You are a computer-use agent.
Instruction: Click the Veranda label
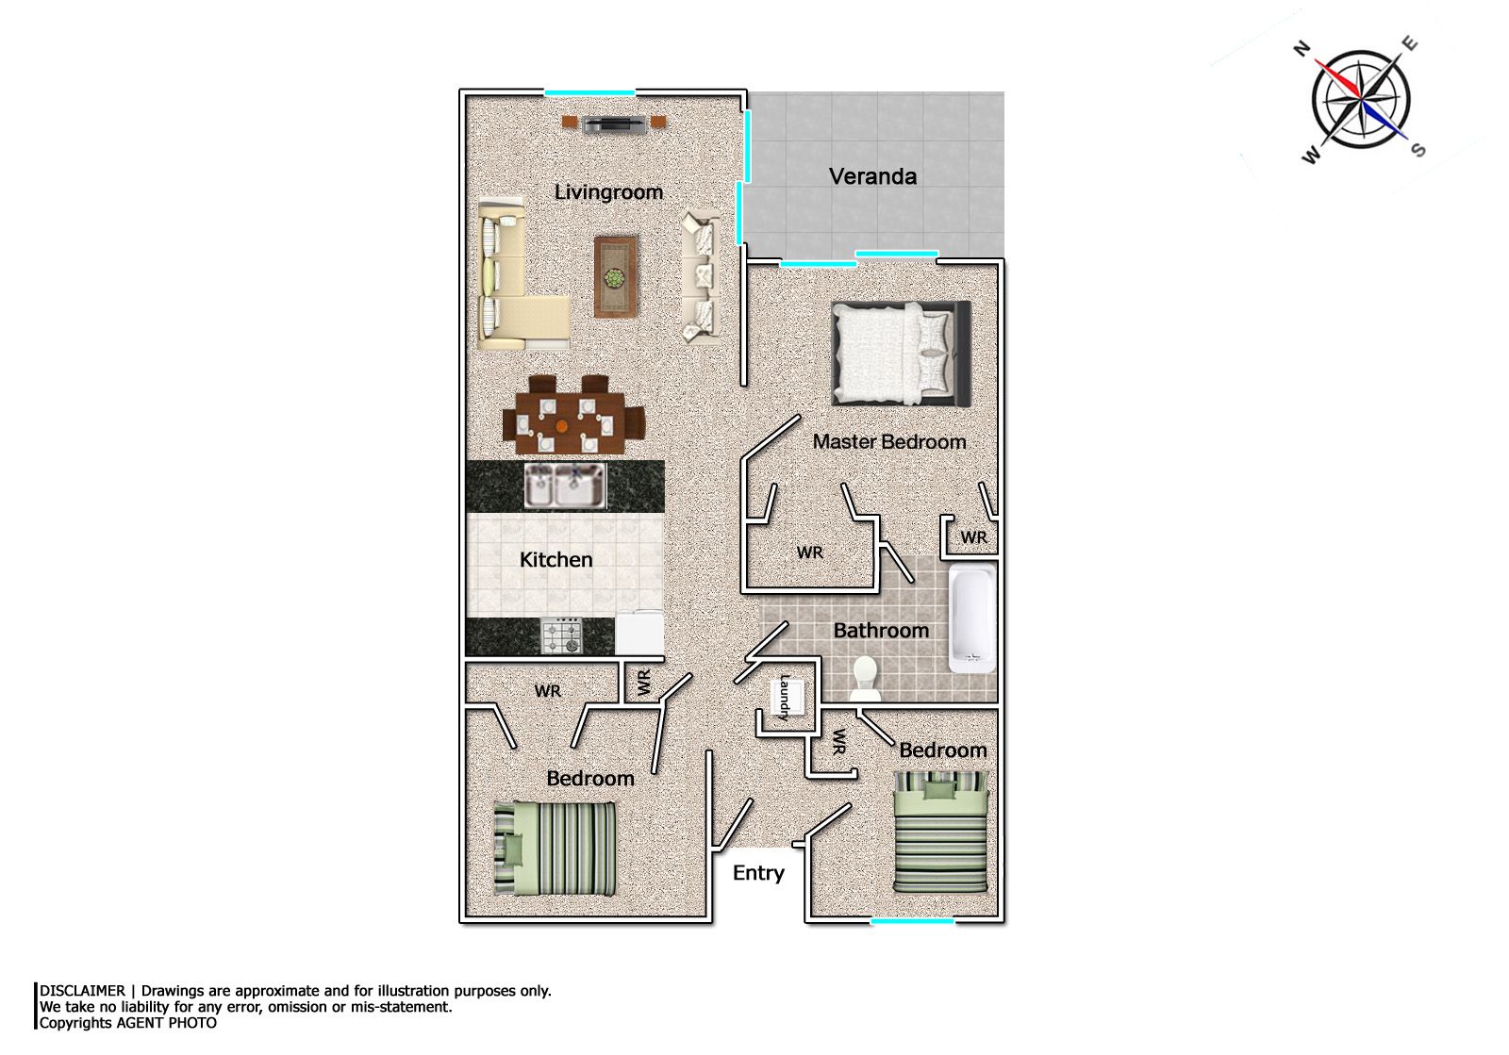pyautogui.click(x=872, y=176)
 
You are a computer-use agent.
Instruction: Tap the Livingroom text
pyautogui.click(x=608, y=192)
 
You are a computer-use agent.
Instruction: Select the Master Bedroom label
pyautogui.click(x=889, y=441)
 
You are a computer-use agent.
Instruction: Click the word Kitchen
pyautogui.click(x=556, y=559)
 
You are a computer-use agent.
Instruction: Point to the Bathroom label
pyautogui.click(x=881, y=630)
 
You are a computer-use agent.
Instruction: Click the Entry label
pyautogui.click(x=758, y=873)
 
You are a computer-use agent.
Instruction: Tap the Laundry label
pyautogui.click(x=784, y=698)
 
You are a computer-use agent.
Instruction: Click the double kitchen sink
pyautogui.click(x=565, y=486)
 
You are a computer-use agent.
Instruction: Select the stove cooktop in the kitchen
pyautogui.click(x=562, y=635)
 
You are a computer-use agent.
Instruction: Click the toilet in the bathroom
pyautogui.click(x=864, y=678)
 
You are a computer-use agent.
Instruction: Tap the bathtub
pyautogui.click(x=972, y=619)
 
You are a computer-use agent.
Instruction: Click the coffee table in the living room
pyautogui.click(x=616, y=276)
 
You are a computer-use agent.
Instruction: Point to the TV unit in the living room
pyautogui.click(x=614, y=124)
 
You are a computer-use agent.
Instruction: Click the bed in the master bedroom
pyautogui.click(x=902, y=354)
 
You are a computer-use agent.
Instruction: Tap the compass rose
pyautogui.click(x=1362, y=100)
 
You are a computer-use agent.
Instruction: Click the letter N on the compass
pyautogui.click(x=1302, y=48)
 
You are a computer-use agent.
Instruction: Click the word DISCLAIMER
pyautogui.click(x=82, y=991)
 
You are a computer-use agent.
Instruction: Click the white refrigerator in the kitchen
pyautogui.click(x=639, y=633)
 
